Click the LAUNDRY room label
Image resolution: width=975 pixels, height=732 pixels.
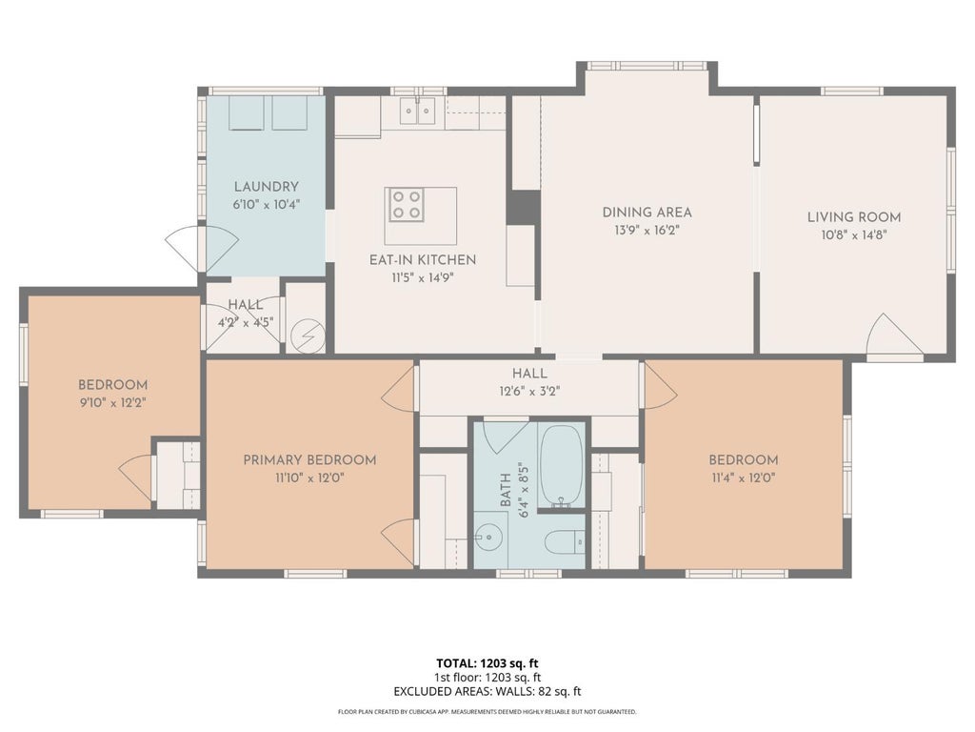(267, 186)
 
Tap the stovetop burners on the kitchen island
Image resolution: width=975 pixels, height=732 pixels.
(407, 205)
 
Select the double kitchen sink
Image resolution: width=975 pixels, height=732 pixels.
(417, 112)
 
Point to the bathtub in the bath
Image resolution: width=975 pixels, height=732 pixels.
(562, 466)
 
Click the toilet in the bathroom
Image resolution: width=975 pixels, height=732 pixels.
(565, 541)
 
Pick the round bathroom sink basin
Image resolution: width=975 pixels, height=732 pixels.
(489, 535)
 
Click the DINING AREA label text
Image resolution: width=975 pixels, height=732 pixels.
(647, 213)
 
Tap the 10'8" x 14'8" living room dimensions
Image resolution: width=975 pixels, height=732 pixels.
(854, 235)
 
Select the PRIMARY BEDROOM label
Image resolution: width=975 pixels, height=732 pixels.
(309, 460)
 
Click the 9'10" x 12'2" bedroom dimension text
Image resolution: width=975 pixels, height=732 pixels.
(112, 403)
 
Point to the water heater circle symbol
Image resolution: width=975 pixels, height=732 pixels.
(308, 337)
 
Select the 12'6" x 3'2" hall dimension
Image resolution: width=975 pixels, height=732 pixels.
(529, 392)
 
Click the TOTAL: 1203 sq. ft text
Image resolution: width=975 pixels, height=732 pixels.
(487, 663)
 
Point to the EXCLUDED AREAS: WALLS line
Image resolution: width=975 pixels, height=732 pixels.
(487, 691)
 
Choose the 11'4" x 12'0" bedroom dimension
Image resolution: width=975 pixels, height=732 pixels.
(744, 478)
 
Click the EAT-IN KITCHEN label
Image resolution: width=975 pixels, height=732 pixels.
(423, 259)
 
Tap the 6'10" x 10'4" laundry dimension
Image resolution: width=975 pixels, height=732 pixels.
(267, 204)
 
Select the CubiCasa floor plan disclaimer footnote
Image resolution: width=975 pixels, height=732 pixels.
(487, 711)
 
